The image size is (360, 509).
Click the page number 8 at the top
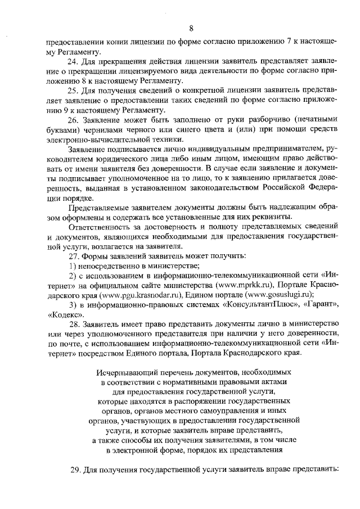click(191, 29)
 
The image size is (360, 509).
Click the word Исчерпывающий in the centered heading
click(123, 372)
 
